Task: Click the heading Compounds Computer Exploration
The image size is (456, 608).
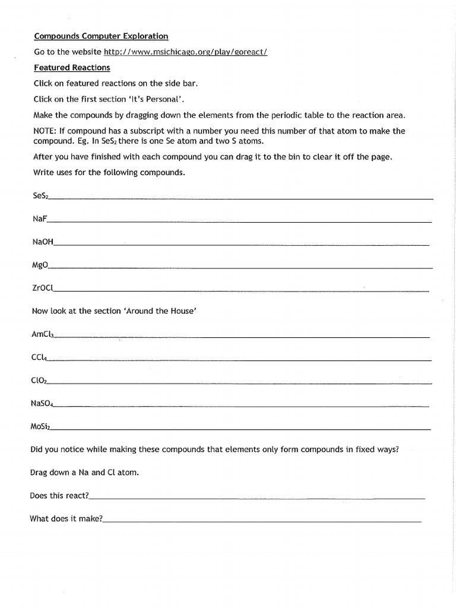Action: pos(100,36)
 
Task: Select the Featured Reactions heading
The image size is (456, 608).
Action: pos(72,68)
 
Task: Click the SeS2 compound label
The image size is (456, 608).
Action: pos(40,195)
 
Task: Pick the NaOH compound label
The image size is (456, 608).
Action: pos(43,242)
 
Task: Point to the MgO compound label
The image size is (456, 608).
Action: pos(40,265)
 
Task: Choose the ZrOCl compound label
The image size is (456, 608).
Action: pos(42,288)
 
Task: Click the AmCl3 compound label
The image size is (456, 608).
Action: pos(42,334)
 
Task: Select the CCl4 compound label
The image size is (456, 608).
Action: pos(39,357)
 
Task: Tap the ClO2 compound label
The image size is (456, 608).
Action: pos(39,381)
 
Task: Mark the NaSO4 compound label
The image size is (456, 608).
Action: pos(42,404)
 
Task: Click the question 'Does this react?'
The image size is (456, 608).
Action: pos(59,495)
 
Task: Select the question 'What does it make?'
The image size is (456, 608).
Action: pos(66,518)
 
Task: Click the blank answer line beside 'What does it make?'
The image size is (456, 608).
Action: pos(261,521)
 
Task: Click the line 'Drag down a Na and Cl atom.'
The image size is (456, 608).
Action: pos(84,473)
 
